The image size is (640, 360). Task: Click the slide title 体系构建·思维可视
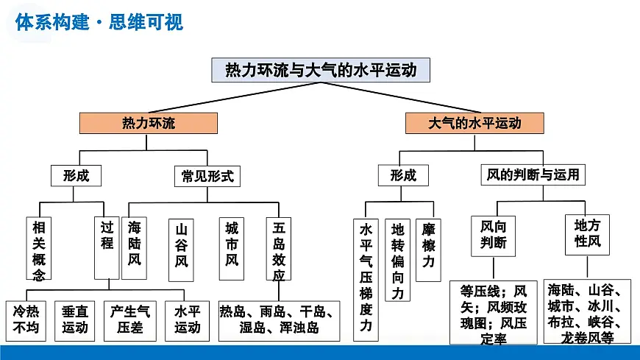tap(99, 21)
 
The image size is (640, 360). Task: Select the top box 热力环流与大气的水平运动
tap(320, 70)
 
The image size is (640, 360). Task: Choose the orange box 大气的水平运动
tap(474, 123)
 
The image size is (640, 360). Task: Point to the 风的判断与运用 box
tap(533, 175)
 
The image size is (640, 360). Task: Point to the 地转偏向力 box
tap(398, 261)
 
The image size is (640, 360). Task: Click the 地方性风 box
tap(587, 234)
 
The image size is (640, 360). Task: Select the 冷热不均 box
tap(26, 320)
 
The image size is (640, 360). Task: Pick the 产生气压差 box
tap(130, 320)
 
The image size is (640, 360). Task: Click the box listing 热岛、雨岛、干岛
tap(279, 320)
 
